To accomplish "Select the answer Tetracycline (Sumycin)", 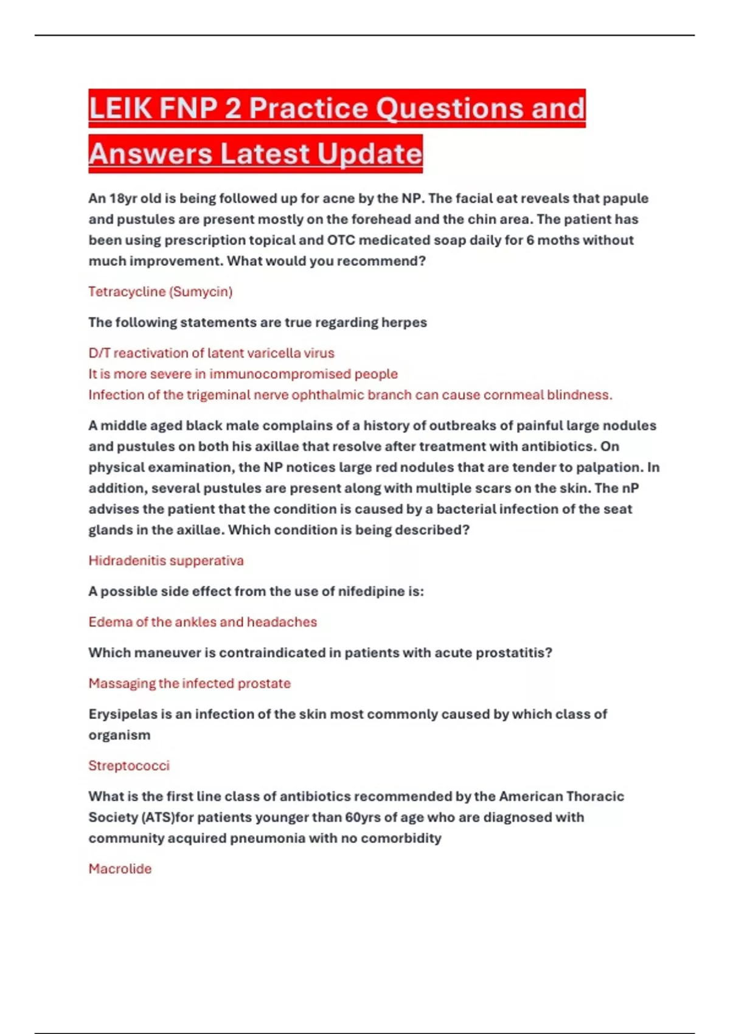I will pyautogui.click(x=161, y=292).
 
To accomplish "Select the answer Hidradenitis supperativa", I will pyautogui.click(x=166, y=561).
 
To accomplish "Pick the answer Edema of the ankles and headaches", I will pyautogui.click(x=203, y=622).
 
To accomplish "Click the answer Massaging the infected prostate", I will pyautogui.click(x=189, y=684).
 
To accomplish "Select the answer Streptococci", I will pyautogui.click(x=129, y=766).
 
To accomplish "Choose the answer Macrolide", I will pyautogui.click(x=120, y=869).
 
